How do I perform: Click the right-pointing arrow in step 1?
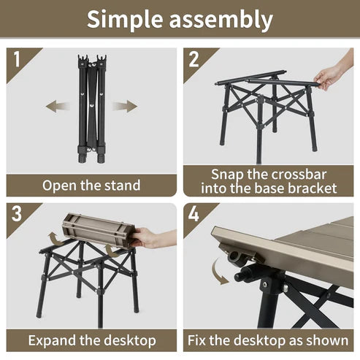coord(124,107)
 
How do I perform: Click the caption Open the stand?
coord(91,185)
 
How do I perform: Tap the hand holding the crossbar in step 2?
coord(332,75)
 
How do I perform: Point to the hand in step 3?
coord(151,237)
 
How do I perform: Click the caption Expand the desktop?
coord(91,340)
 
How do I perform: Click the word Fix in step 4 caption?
coord(201,340)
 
